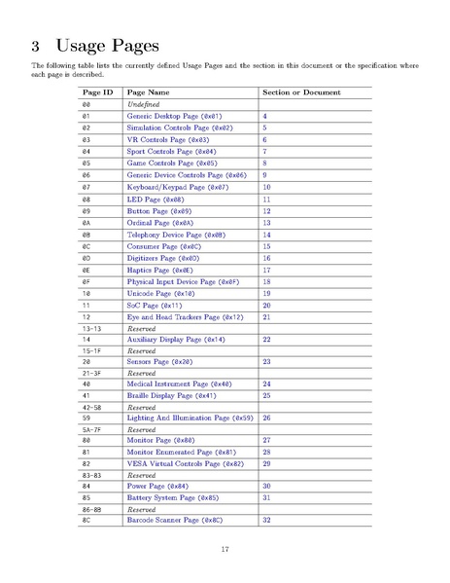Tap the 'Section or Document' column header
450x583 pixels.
pos(301,92)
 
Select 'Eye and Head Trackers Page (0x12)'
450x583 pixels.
pos(185,317)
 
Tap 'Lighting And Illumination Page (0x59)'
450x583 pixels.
pos(190,417)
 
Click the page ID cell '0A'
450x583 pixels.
pos(87,223)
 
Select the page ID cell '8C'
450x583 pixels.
pos(87,521)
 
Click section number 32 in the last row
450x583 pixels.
pos(266,521)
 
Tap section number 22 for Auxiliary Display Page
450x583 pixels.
pos(266,340)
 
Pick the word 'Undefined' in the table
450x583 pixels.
pos(144,103)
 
